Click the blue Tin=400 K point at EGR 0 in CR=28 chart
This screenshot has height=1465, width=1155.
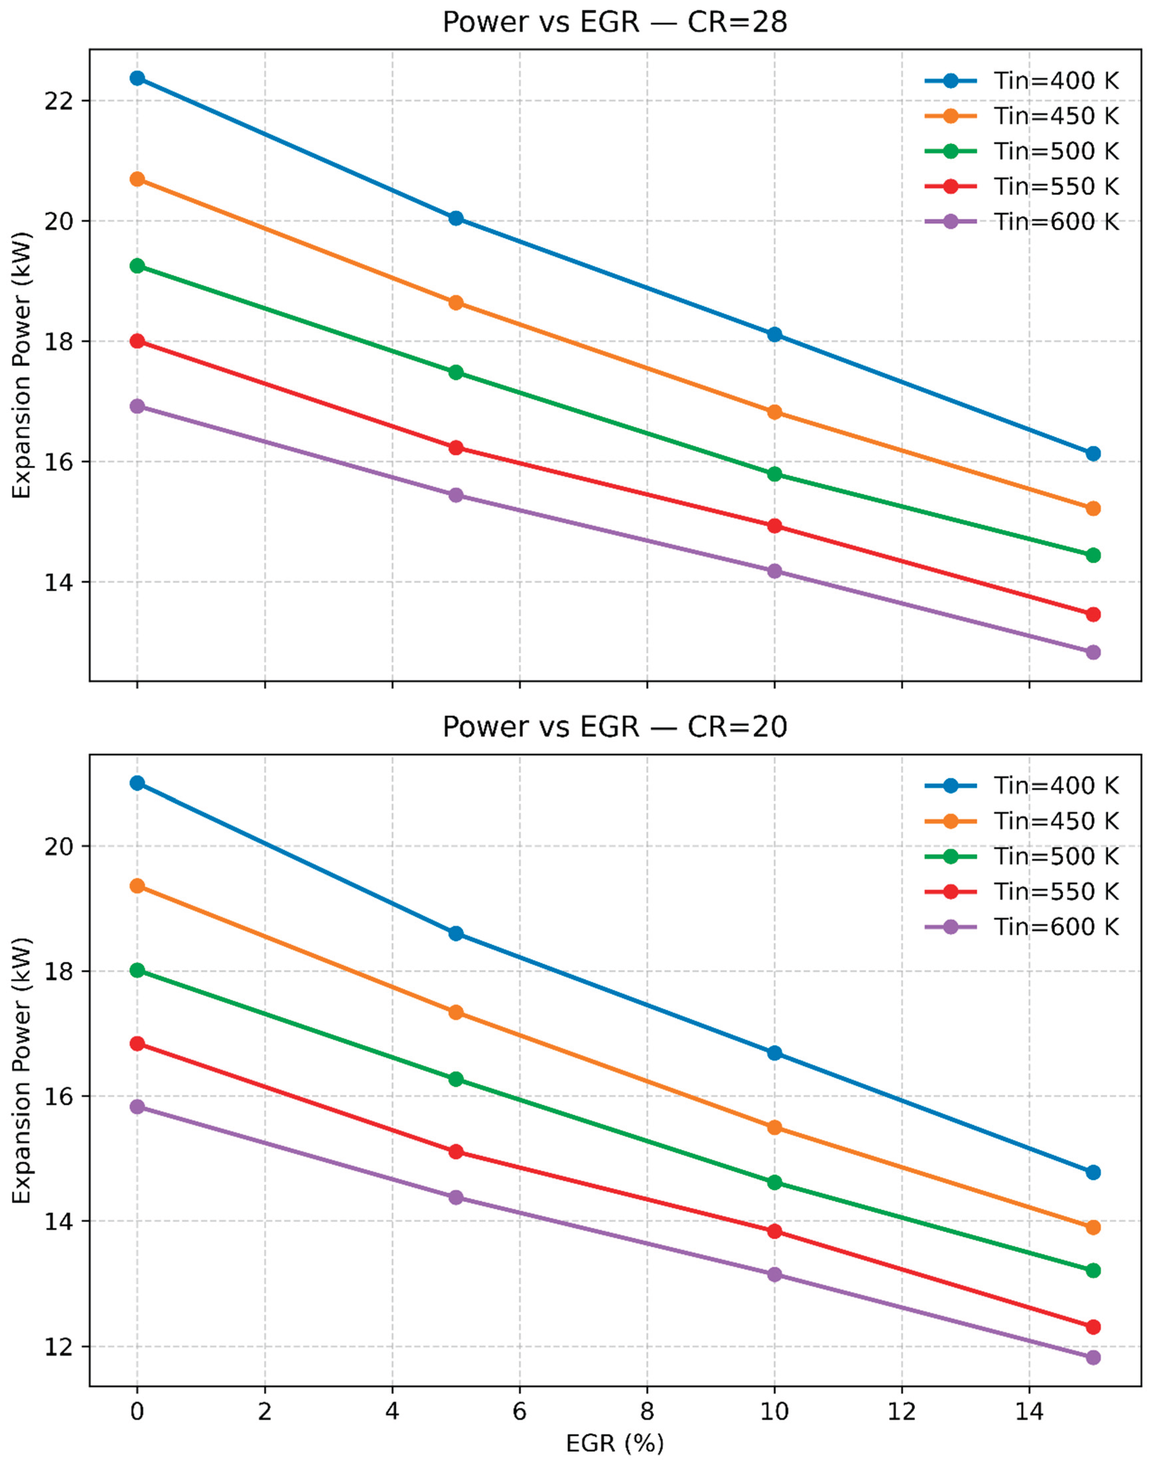pos(137,78)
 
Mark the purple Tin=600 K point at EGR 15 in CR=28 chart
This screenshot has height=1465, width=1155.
pos(1093,652)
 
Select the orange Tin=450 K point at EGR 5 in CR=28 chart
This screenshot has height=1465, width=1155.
pos(456,302)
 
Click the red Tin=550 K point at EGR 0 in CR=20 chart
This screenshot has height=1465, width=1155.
pos(137,1044)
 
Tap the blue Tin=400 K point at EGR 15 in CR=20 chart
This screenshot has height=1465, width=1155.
pos(1093,1172)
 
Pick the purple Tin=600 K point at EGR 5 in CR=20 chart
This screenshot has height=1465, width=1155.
pos(456,1197)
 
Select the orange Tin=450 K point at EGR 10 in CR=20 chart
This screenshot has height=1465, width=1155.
pos(774,1128)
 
